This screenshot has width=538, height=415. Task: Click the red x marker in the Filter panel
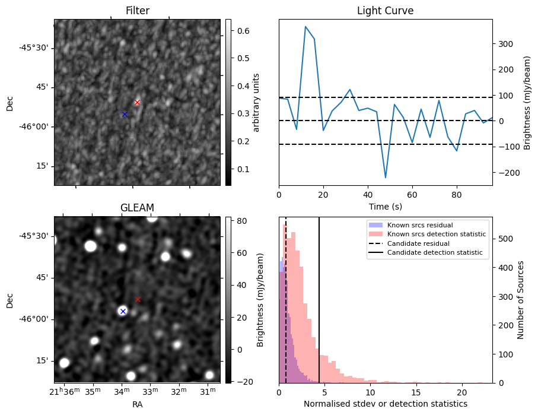click(x=137, y=102)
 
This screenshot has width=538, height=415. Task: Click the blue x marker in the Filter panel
click(x=125, y=114)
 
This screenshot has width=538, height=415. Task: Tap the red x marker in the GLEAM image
click(x=138, y=299)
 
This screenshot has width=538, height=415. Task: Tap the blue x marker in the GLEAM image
click(x=123, y=311)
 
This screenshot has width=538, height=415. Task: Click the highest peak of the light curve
click(x=305, y=27)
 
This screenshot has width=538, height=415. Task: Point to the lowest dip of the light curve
click(x=386, y=178)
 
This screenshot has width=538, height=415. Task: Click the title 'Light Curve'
click(x=385, y=11)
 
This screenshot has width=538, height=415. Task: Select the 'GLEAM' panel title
click(x=137, y=208)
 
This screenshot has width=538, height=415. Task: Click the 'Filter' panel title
click(x=137, y=11)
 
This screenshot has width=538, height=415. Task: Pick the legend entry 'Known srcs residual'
click(x=420, y=225)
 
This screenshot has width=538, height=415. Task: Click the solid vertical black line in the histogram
click(x=319, y=309)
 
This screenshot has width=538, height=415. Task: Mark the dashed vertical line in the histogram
click(x=286, y=309)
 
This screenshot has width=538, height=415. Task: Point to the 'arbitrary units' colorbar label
click(x=256, y=102)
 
